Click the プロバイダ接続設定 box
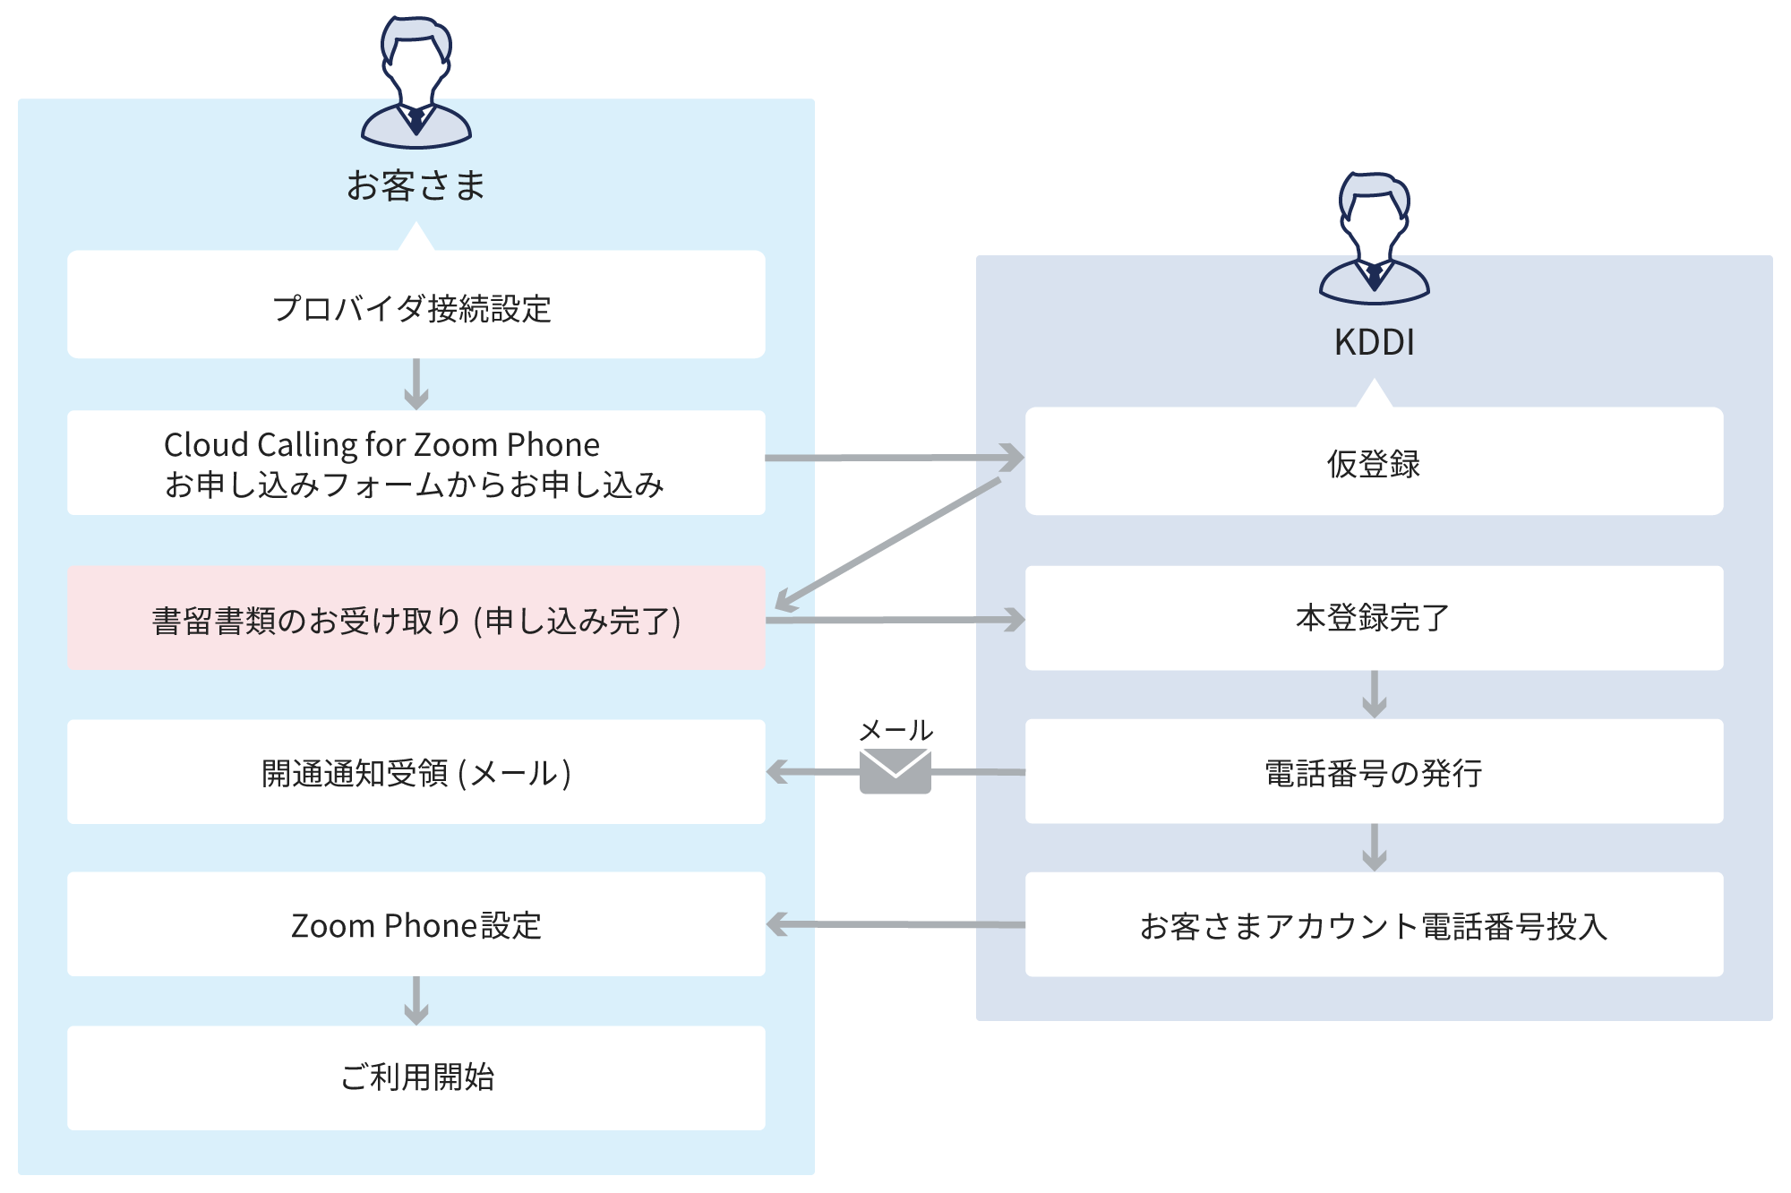click(416, 305)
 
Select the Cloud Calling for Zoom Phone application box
click(416, 462)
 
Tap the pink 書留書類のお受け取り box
click(416, 618)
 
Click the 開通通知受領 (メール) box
click(416, 772)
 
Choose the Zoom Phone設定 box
click(416, 924)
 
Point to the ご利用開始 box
click(416, 1077)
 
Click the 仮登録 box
click(1374, 461)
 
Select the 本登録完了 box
click(1374, 618)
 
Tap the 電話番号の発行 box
click(1374, 772)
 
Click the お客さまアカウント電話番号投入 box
click(1374, 924)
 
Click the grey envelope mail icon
click(895, 771)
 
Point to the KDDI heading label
click(1374, 342)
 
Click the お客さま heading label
click(416, 185)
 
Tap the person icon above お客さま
click(416, 82)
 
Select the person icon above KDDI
click(1374, 238)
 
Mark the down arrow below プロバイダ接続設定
click(416, 383)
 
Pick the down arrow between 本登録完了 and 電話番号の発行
click(1374, 694)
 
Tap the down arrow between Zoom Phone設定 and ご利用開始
click(416, 1000)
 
